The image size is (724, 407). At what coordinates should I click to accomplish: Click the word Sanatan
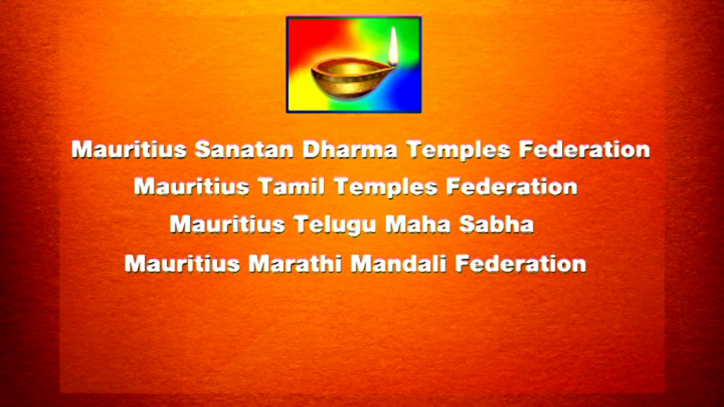click(x=244, y=150)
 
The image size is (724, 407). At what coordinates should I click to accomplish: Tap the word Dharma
click(x=350, y=150)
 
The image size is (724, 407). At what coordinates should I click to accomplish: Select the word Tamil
click(x=291, y=187)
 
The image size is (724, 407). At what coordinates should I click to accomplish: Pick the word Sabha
click(x=496, y=225)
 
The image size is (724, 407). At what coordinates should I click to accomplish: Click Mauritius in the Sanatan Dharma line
click(x=129, y=150)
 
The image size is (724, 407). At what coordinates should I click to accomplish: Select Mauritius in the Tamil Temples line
click(x=192, y=187)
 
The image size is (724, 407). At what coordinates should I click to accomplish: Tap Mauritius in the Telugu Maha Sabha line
click(x=227, y=225)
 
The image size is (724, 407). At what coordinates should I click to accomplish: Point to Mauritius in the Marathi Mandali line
click(x=182, y=264)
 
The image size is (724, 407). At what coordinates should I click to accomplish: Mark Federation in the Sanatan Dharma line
click(x=584, y=150)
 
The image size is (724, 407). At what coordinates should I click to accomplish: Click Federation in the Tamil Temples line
click(x=512, y=187)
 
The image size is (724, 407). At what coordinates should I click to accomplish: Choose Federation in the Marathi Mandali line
click(x=520, y=264)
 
